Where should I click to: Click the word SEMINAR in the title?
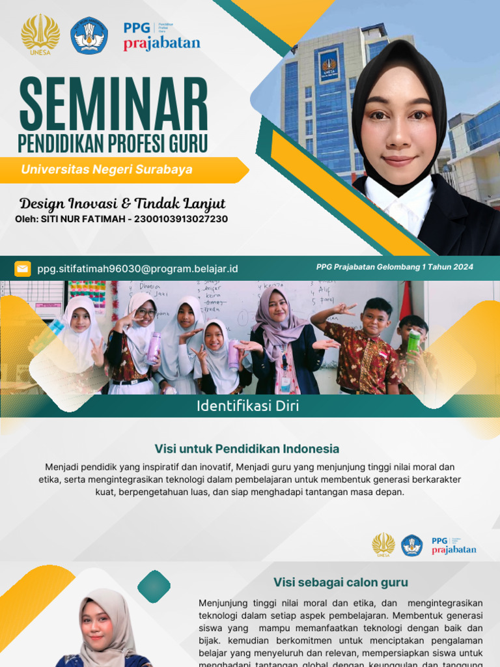click(x=113, y=104)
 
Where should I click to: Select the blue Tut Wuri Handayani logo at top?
click(x=90, y=35)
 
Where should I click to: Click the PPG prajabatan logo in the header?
click(x=161, y=36)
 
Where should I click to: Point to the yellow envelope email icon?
click(x=23, y=268)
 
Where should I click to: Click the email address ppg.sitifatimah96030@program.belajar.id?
click(x=137, y=268)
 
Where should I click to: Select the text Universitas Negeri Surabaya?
click(x=107, y=169)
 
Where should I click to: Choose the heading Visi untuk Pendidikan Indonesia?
click(x=247, y=449)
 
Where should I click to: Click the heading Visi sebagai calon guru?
click(x=340, y=582)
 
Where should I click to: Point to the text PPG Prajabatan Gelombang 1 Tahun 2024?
click(x=395, y=267)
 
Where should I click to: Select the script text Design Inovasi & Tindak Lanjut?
click(x=122, y=203)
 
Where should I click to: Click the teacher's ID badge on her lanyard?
click(x=285, y=382)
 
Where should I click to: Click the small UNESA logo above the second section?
click(x=383, y=545)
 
